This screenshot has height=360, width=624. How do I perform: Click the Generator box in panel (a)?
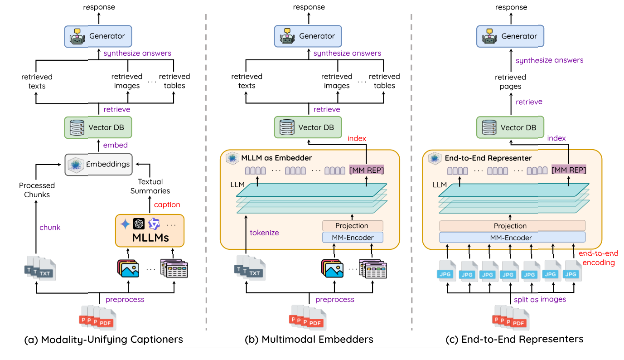98,36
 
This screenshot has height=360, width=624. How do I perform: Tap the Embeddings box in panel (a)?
98,164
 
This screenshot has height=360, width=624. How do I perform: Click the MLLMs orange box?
150,231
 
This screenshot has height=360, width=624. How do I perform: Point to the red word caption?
167,204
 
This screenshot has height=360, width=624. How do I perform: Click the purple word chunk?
50,227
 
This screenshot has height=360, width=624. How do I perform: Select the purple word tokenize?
264,233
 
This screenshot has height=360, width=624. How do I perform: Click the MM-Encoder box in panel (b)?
352,237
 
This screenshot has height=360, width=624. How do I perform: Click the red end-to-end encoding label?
598,258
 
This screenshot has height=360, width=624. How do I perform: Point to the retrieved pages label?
510,81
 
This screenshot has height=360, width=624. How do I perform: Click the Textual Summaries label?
150,186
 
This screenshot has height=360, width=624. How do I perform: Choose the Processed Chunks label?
37,190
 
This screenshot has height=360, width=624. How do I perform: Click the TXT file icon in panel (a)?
40,268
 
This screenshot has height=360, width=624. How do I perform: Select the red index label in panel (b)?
357,138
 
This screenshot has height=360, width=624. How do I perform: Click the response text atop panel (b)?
309,7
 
